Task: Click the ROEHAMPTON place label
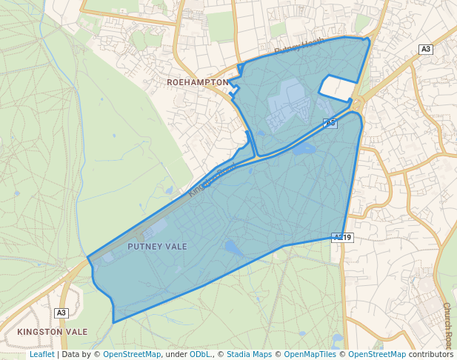(x=198, y=81)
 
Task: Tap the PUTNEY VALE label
(x=157, y=246)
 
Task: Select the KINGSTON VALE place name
(x=53, y=332)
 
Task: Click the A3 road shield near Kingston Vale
(x=61, y=313)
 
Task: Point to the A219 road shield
(x=342, y=238)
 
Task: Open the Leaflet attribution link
(x=41, y=355)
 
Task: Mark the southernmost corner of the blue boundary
(x=113, y=322)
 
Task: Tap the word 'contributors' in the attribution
(x=431, y=355)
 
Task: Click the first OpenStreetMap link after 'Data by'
(x=132, y=355)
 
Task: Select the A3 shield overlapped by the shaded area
(x=330, y=123)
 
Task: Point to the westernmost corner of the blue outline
(x=88, y=258)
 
